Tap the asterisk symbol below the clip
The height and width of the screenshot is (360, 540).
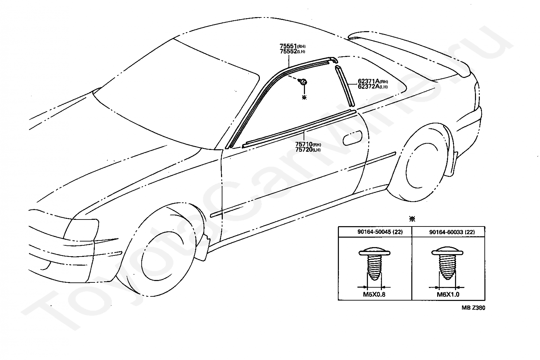click(304, 98)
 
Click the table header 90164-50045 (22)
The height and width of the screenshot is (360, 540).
click(375, 232)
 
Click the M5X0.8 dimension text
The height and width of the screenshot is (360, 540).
click(374, 294)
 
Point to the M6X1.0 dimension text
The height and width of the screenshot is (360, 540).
click(448, 294)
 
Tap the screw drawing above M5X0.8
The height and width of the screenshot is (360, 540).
click(374, 264)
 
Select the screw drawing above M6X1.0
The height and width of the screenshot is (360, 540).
click(448, 264)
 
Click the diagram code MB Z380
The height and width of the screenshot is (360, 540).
click(473, 308)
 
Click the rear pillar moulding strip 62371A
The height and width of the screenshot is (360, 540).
click(345, 86)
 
